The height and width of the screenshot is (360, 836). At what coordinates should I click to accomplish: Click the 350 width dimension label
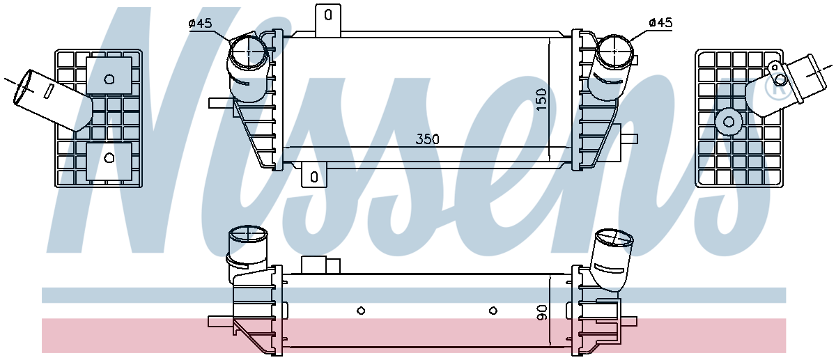[x=427, y=139]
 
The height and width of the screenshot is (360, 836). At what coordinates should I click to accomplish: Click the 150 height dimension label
[x=541, y=100]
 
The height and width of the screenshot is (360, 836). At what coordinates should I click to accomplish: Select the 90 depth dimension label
[x=541, y=313]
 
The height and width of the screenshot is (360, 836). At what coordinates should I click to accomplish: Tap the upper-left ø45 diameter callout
[x=201, y=24]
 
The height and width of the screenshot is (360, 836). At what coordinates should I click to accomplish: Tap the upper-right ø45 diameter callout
[x=660, y=23]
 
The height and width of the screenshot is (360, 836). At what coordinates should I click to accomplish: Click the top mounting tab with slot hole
[x=328, y=20]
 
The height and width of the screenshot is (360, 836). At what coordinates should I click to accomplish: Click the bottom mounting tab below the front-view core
[x=314, y=175]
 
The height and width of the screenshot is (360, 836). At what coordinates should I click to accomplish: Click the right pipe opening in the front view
[x=614, y=51]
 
